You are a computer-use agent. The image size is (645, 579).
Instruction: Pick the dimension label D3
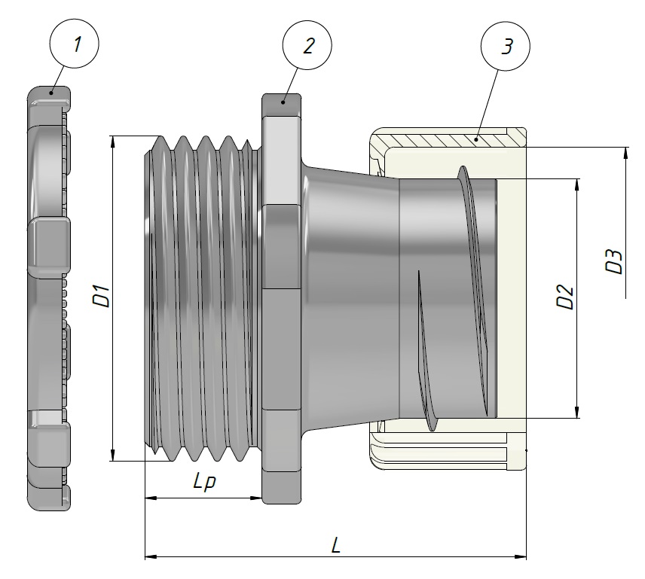(x=614, y=261)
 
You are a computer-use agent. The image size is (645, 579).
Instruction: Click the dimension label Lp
(x=203, y=482)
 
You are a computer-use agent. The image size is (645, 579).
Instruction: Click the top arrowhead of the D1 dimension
(x=112, y=141)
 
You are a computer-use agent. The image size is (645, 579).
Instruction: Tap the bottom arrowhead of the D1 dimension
(x=112, y=456)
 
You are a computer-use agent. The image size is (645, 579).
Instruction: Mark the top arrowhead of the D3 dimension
(x=625, y=153)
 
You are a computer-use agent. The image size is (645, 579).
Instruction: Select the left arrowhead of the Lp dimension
(x=149, y=498)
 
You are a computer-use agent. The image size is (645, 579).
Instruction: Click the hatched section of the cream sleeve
(x=445, y=139)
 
